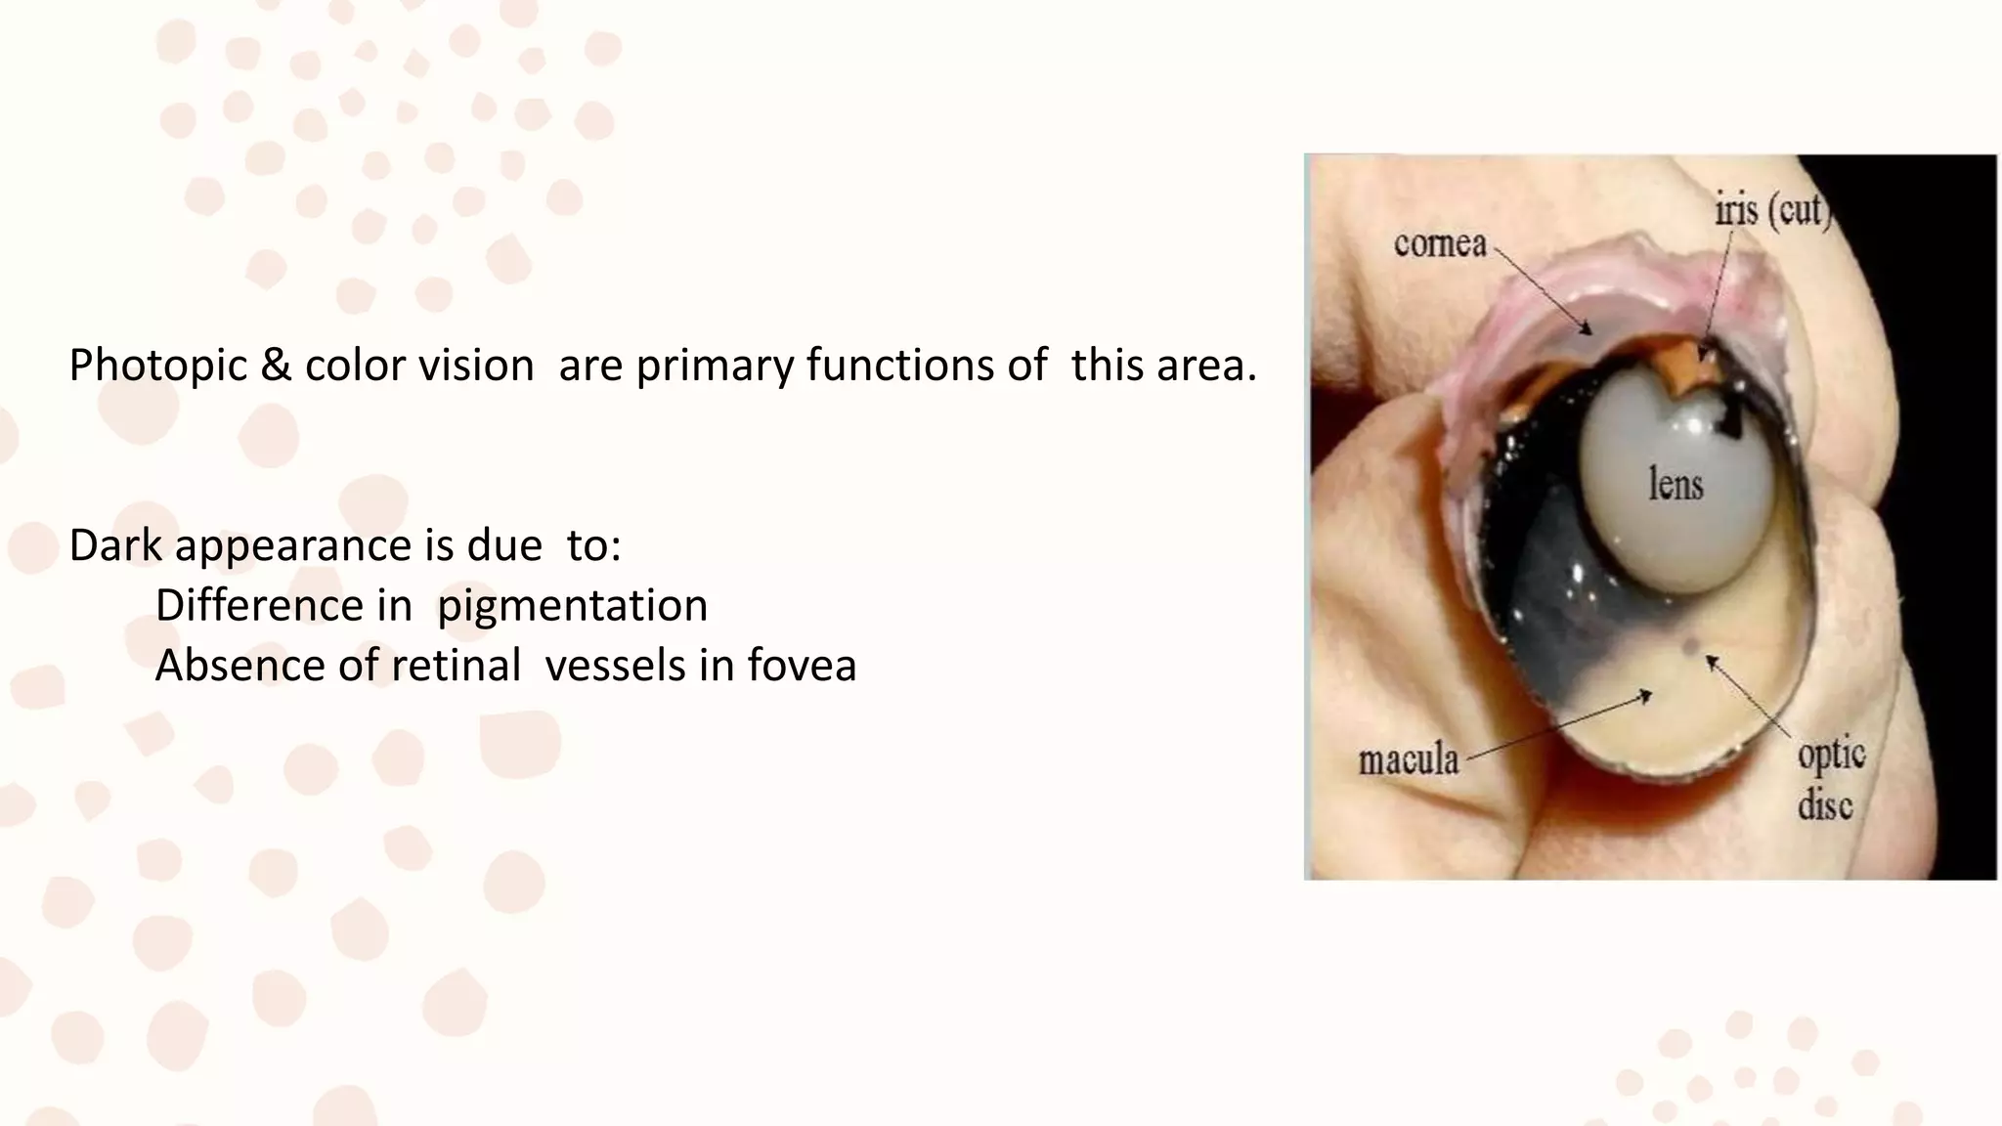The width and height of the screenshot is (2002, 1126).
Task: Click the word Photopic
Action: pos(157,367)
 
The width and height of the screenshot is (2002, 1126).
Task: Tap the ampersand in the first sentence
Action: pos(276,366)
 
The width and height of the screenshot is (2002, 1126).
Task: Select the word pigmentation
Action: pos(572,606)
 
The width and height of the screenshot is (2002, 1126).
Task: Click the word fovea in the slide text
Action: pos(802,666)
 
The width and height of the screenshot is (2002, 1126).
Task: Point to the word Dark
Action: pos(115,545)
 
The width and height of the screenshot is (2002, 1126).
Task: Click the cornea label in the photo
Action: pos(1439,244)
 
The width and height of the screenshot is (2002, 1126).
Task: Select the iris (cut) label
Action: pos(1771,210)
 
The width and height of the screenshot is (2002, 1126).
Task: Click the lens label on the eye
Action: pos(1676,485)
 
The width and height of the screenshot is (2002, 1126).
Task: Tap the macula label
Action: pos(1408,760)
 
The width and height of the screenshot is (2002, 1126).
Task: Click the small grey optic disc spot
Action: pos(1690,646)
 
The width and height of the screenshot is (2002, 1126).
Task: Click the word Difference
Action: pos(283,606)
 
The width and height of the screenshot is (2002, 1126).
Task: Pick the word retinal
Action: pos(463,666)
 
